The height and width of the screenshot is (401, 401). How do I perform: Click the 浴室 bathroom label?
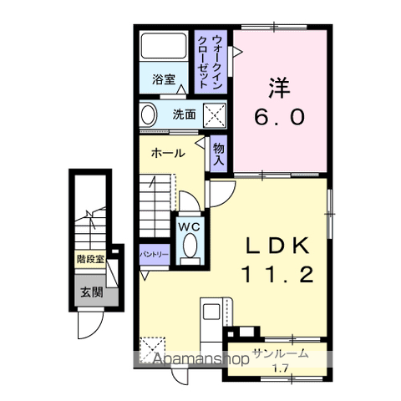[x=163, y=80]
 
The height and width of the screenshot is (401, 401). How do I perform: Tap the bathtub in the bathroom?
[x=164, y=47]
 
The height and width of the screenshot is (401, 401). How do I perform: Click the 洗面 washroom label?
[x=184, y=115]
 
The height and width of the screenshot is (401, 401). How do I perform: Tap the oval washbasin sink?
[x=149, y=114]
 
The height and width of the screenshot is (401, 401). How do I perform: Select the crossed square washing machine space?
[x=214, y=114]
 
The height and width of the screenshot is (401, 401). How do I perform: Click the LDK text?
[x=278, y=245]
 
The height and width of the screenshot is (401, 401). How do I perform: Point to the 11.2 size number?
[x=278, y=274]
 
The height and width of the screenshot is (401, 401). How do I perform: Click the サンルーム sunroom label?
[x=280, y=354]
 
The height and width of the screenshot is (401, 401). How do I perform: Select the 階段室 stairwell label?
[x=89, y=259]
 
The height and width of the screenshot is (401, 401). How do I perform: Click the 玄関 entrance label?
[x=91, y=292]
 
